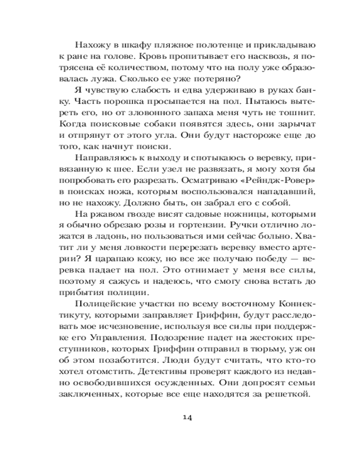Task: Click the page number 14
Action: pos(188,417)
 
